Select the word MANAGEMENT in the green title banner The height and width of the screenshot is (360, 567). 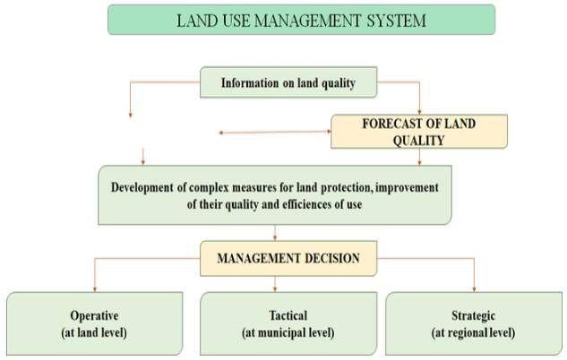tap(307, 21)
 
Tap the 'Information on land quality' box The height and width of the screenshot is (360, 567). tap(288, 82)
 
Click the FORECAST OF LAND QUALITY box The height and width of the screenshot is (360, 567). tap(419, 132)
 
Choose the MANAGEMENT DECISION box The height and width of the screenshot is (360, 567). tap(288, 259)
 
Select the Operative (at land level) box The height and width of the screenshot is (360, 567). tap(94, 323)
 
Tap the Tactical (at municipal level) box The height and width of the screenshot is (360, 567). tap(288, 323)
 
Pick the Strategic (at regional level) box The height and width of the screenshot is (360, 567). tap(474, 323)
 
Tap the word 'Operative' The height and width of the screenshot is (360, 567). tap(94, 316)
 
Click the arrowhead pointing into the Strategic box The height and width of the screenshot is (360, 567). tap(474, 289)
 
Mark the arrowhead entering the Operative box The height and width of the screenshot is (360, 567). tap(95, 289)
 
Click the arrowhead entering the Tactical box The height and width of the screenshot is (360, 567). tap(275, 289)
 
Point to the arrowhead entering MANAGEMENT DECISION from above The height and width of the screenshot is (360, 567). tap(275, 238)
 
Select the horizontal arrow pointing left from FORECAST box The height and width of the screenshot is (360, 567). tap(275, 132)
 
